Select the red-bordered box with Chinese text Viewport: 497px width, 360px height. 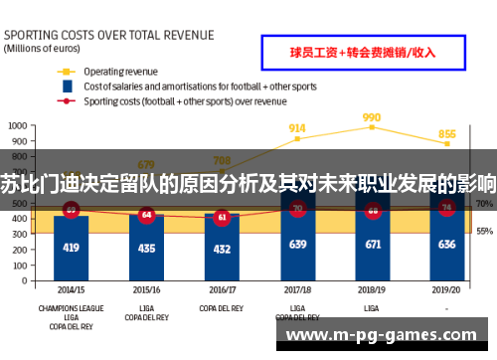coord(362,52)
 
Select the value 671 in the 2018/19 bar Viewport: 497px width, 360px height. coord(373,244)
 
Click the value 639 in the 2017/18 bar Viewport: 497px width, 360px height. coord(296,244)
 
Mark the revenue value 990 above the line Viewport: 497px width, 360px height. coord(372,117)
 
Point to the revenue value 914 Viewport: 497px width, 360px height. coord(296,128)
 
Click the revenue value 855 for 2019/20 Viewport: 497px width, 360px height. coord(447,134)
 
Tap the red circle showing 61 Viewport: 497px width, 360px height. coord(221,216)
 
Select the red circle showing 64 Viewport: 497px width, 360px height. coord(146,214)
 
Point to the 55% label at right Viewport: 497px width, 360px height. coord(484,231)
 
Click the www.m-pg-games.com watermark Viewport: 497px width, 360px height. coord(387,336)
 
